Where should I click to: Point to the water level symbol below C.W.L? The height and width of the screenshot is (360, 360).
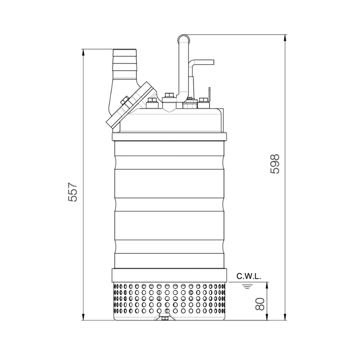click(x=247, y=285)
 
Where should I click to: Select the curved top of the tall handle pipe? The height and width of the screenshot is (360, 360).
click(x=184, y=38)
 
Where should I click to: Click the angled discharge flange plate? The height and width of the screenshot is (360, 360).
click(x=130, y=103)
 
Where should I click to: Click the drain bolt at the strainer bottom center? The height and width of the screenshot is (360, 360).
click(x=165, y=319)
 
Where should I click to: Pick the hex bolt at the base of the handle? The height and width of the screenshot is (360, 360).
click(x=170, y=95)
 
